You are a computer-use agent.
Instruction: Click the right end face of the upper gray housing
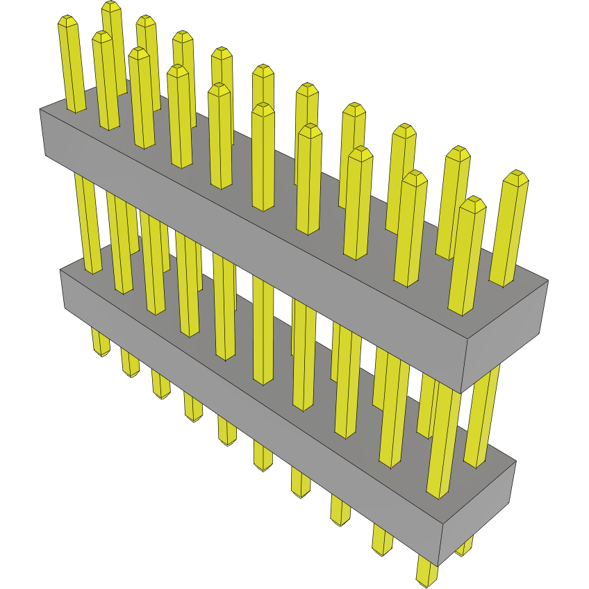tap(505, 335)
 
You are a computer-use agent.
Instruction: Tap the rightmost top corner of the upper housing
tap(548, 281)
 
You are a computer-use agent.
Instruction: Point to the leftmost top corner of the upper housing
tap(40, 109)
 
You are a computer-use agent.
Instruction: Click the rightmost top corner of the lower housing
tap(516, 461)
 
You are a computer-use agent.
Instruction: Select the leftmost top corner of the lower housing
tap(60, 270)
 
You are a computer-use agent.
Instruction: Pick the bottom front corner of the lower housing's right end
tap(438, 565)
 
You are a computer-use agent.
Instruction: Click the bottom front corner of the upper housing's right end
tap(461, 391)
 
